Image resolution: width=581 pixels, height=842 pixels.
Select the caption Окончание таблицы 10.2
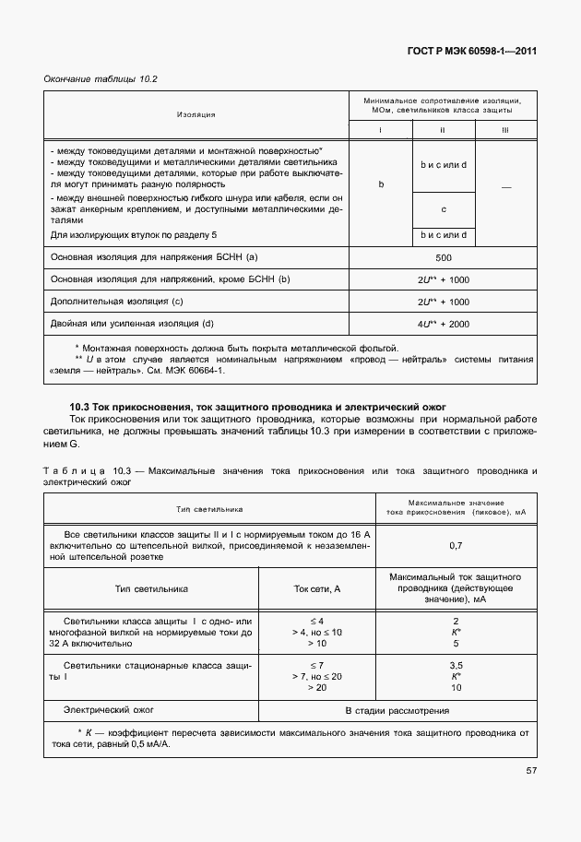pos(101,78)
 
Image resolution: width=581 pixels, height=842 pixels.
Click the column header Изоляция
pos(196,114)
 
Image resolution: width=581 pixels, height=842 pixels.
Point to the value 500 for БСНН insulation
pos(443,257)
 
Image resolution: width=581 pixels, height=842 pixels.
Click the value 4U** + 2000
pos(443,324)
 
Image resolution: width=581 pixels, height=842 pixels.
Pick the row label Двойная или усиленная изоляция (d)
pos(132,324)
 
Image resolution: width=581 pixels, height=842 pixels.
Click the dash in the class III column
pos(504,188)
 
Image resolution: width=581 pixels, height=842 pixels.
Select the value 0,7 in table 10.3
pos(456,545)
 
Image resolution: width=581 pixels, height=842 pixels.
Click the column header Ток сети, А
pos(317,587)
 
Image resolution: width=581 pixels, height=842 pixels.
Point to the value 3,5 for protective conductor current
pos(456,665)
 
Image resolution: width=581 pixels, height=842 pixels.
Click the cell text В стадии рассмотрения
pos(397,711)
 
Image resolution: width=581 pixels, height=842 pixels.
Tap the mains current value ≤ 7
pos(316,665)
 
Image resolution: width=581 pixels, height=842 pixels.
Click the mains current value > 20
pos(316,687)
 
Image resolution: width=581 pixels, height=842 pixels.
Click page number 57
pos(531,770)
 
